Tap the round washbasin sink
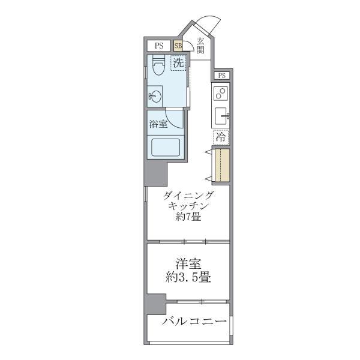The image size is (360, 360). pyautogui.click(x=155, y=95)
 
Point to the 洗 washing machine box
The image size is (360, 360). pyautogui.click(x=178, y=62)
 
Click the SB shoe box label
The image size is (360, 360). pyautogui.click(x=178, y=45)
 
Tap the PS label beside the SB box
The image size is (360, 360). pyautogui.click(x=159, y=45)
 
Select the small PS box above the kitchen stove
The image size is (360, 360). pyautogui.click(x=222, y=76)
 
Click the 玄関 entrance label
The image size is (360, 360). pyautogui.click(x=200, y=46)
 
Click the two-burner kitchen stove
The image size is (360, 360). pyautogui.click(x=220, y=94)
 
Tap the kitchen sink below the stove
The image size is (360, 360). pyautogui.click(x=221, y=115)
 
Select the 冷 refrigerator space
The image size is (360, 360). pyautogui.click(x=221, y=137)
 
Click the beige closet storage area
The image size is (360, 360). pyautogui.click(x=221, y=164)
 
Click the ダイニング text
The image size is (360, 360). pyautogui.click(x=188, y=195)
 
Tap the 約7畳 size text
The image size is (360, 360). pyautogui.click(x=188, y=217)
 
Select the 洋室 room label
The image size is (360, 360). pyautogui.click(x=188, y=263)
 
